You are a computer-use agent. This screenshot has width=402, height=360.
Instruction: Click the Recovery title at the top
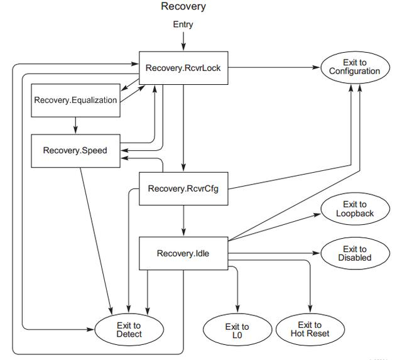(183, 7)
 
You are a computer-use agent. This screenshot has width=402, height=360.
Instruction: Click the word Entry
(183, 25)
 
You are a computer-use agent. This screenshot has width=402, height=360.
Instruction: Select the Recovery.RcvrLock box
(183, 67)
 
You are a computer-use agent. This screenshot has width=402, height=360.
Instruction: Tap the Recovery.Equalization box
(75, 100)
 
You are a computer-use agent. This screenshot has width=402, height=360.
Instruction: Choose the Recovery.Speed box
(75, 150)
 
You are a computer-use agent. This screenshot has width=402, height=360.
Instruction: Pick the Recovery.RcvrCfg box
(183, 188)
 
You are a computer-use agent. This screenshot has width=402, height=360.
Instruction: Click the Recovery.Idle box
(183, 254)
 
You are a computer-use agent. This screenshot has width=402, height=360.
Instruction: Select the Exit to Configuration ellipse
(354, 67)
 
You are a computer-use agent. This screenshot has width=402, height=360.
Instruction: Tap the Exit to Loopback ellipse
(354, 209)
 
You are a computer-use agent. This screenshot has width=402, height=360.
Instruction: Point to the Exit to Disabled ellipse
(354, 254)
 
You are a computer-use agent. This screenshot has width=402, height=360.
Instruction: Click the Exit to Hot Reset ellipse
(310, 329)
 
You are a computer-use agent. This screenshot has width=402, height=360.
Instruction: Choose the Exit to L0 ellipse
(237, 330)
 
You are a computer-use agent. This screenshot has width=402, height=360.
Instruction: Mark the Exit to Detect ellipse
(129, 329)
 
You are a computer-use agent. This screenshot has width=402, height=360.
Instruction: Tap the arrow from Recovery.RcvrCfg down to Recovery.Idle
(183, 220)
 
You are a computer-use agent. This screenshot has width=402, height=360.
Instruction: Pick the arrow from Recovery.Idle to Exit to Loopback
(276, 227)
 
